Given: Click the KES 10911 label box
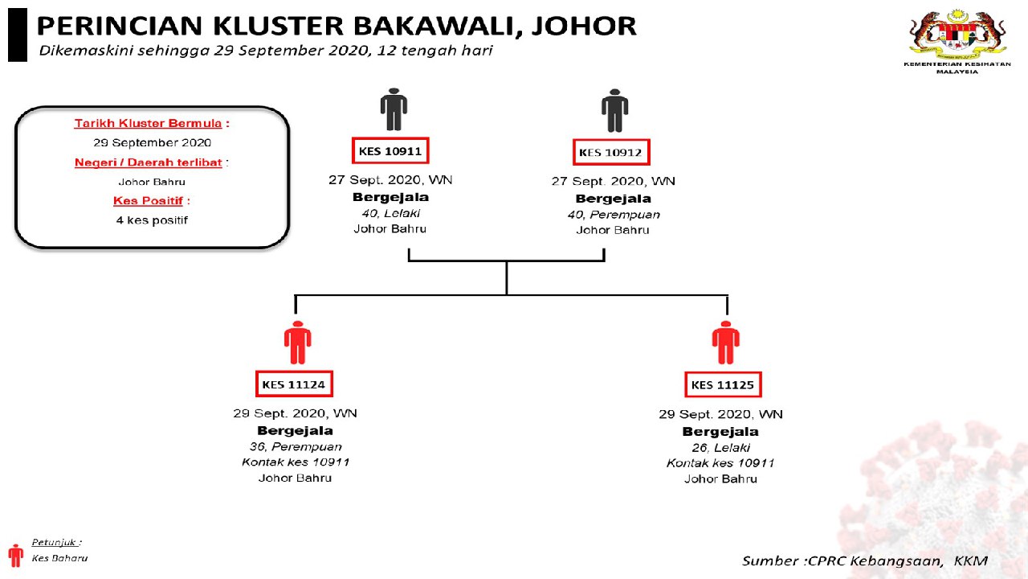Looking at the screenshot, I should (390, 150).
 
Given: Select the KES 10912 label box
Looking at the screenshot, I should (612, 152).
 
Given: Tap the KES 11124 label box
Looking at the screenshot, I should (294, 384).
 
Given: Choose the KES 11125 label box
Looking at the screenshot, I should (723, 385).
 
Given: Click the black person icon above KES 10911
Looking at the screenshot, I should (394, 109).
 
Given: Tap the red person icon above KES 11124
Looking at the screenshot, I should (297, 343).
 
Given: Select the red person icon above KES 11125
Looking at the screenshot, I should (725, 343).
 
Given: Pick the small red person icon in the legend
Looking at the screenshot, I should (15, 555).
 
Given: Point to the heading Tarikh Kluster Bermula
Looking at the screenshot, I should (148, 123).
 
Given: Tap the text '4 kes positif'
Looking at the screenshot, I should (152, 220).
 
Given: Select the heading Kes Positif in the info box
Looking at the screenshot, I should (148, 200).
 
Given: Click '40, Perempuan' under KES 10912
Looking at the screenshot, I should (613, 215).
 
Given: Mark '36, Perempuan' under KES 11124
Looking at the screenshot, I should (295, 446).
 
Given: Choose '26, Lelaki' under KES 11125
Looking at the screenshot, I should (720, 447).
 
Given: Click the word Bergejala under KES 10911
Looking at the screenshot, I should (390, 197).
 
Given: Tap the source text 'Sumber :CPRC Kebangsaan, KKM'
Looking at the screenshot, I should (864, 561).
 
